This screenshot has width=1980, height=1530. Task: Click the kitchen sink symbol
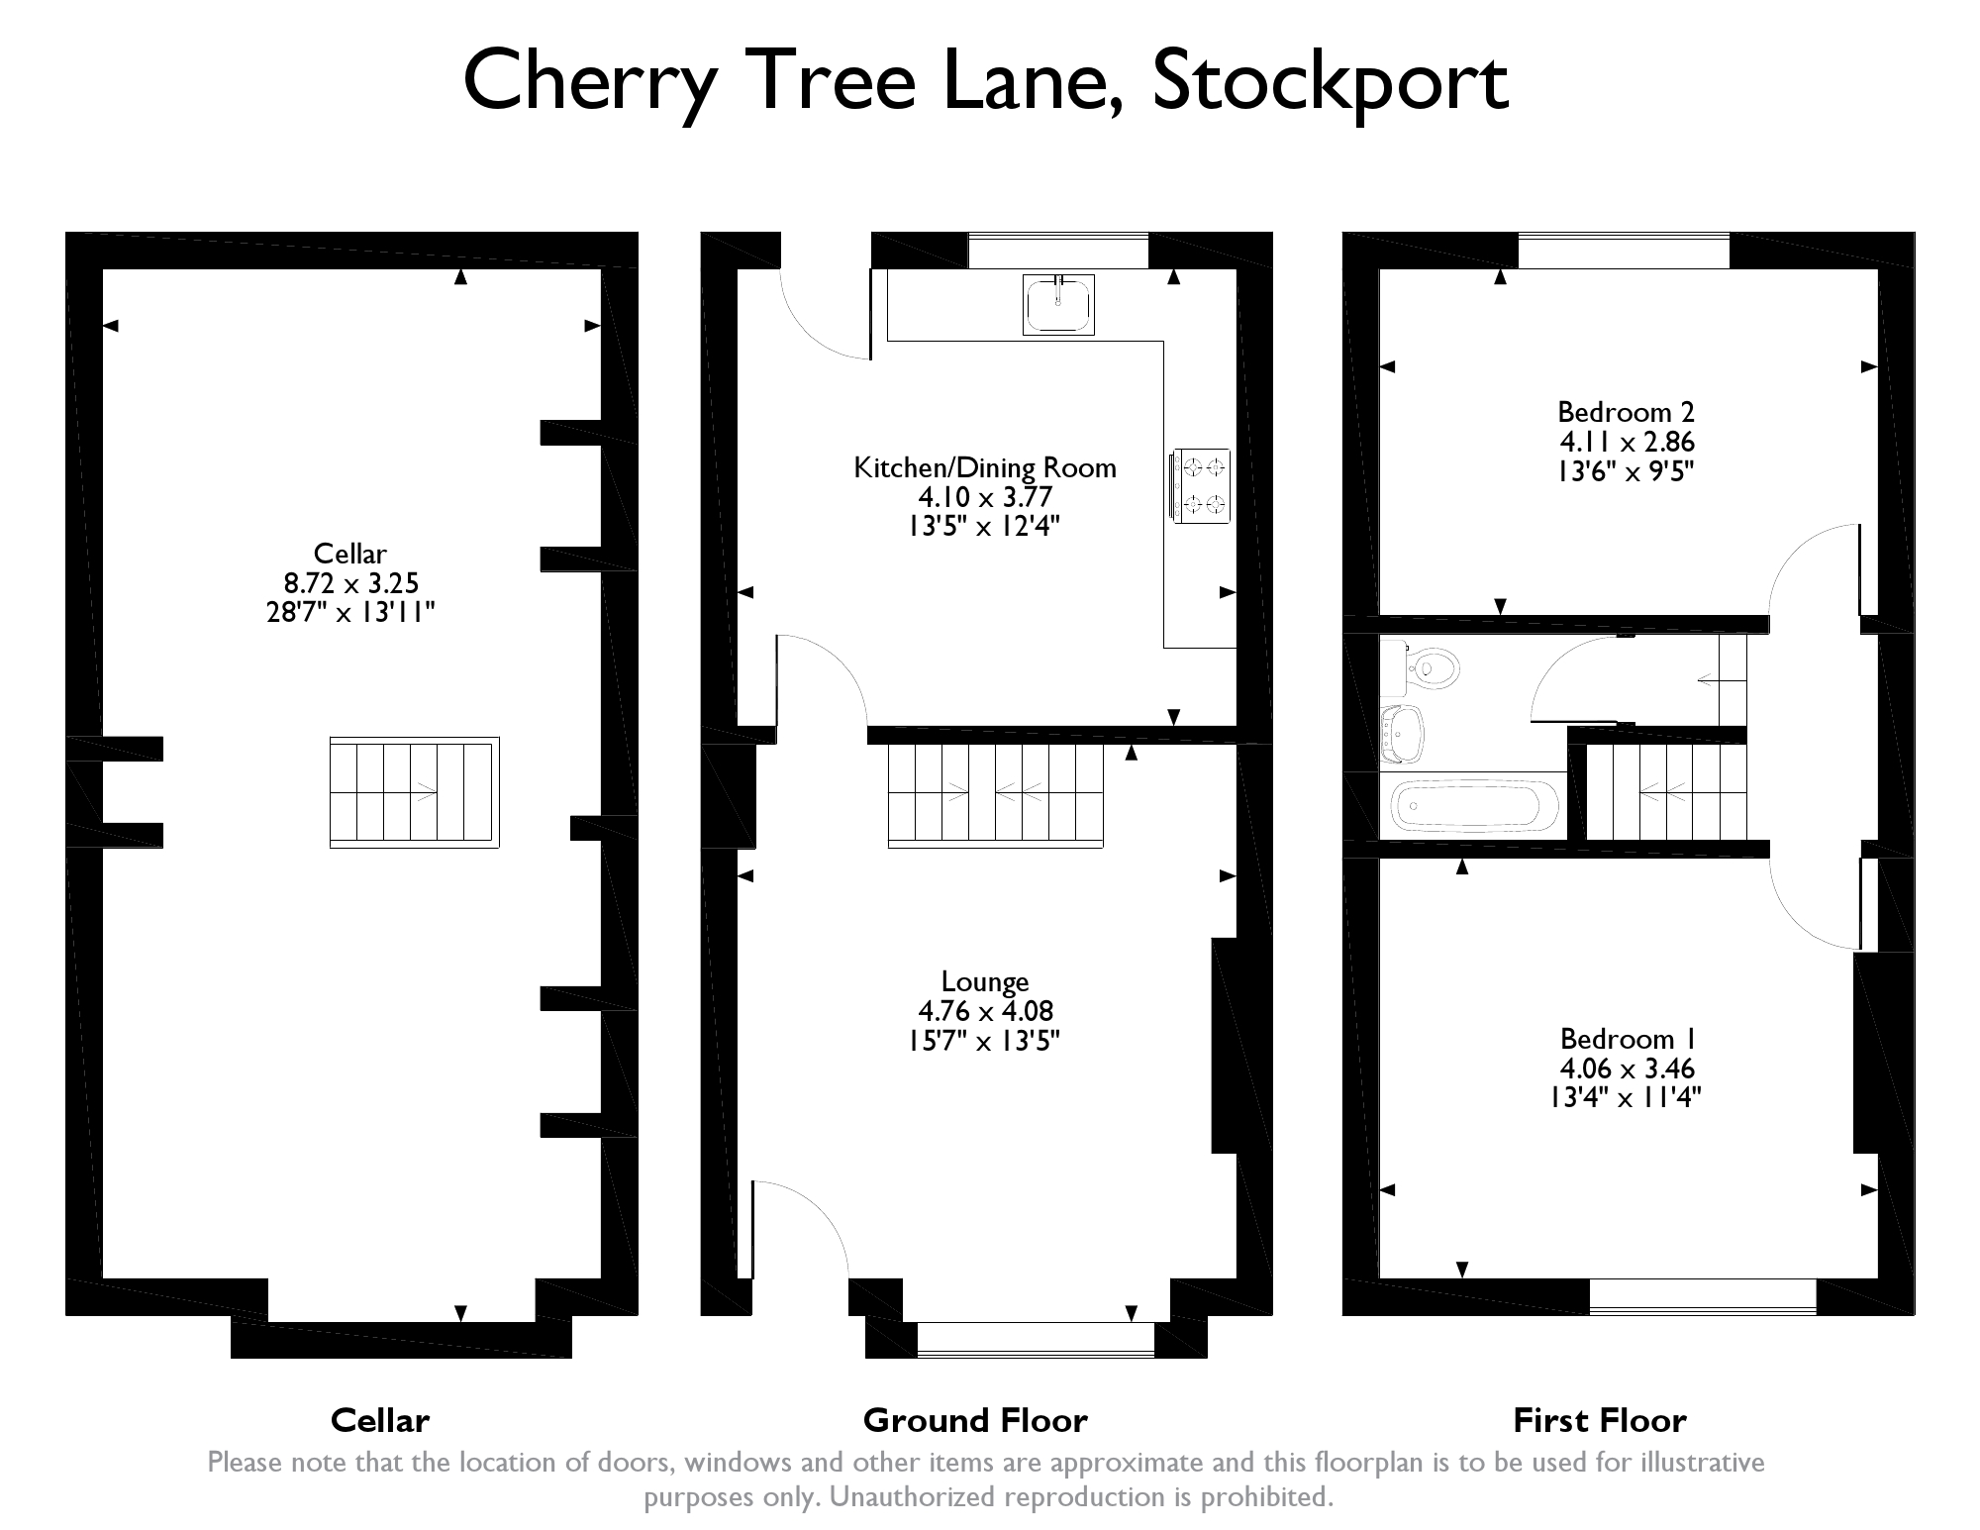(x=1058, y=304)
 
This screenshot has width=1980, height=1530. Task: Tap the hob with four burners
(x=1201, y=485)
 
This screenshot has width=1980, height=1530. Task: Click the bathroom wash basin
(x=1402, y=734)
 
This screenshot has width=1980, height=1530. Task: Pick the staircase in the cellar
(x=414, y=791)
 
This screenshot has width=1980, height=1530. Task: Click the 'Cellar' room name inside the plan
(x=349, y=554)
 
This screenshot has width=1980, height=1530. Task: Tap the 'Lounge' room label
(x=985, y=981)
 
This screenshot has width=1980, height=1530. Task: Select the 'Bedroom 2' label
(x=1627, y=411)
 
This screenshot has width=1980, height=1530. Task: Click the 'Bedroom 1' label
(x=1629, y=1038)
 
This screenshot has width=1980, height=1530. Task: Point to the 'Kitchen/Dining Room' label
(x=985, y=467)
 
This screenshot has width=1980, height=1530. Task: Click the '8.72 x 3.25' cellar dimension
(x=350, y=583)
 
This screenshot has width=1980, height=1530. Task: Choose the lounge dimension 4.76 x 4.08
(x=985, y=1011)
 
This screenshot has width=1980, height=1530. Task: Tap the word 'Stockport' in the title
(x=1330, y=81)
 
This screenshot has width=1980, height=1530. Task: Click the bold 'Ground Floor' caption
(x=975, y=1420)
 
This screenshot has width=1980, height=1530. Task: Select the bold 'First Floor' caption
(x=1600, y=1420)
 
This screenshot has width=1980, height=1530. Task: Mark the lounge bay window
(x=1036, y=1339)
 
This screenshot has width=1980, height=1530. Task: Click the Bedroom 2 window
(x=1624, y=251)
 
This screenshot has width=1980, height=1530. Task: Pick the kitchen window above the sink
(x=1057, y=251)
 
